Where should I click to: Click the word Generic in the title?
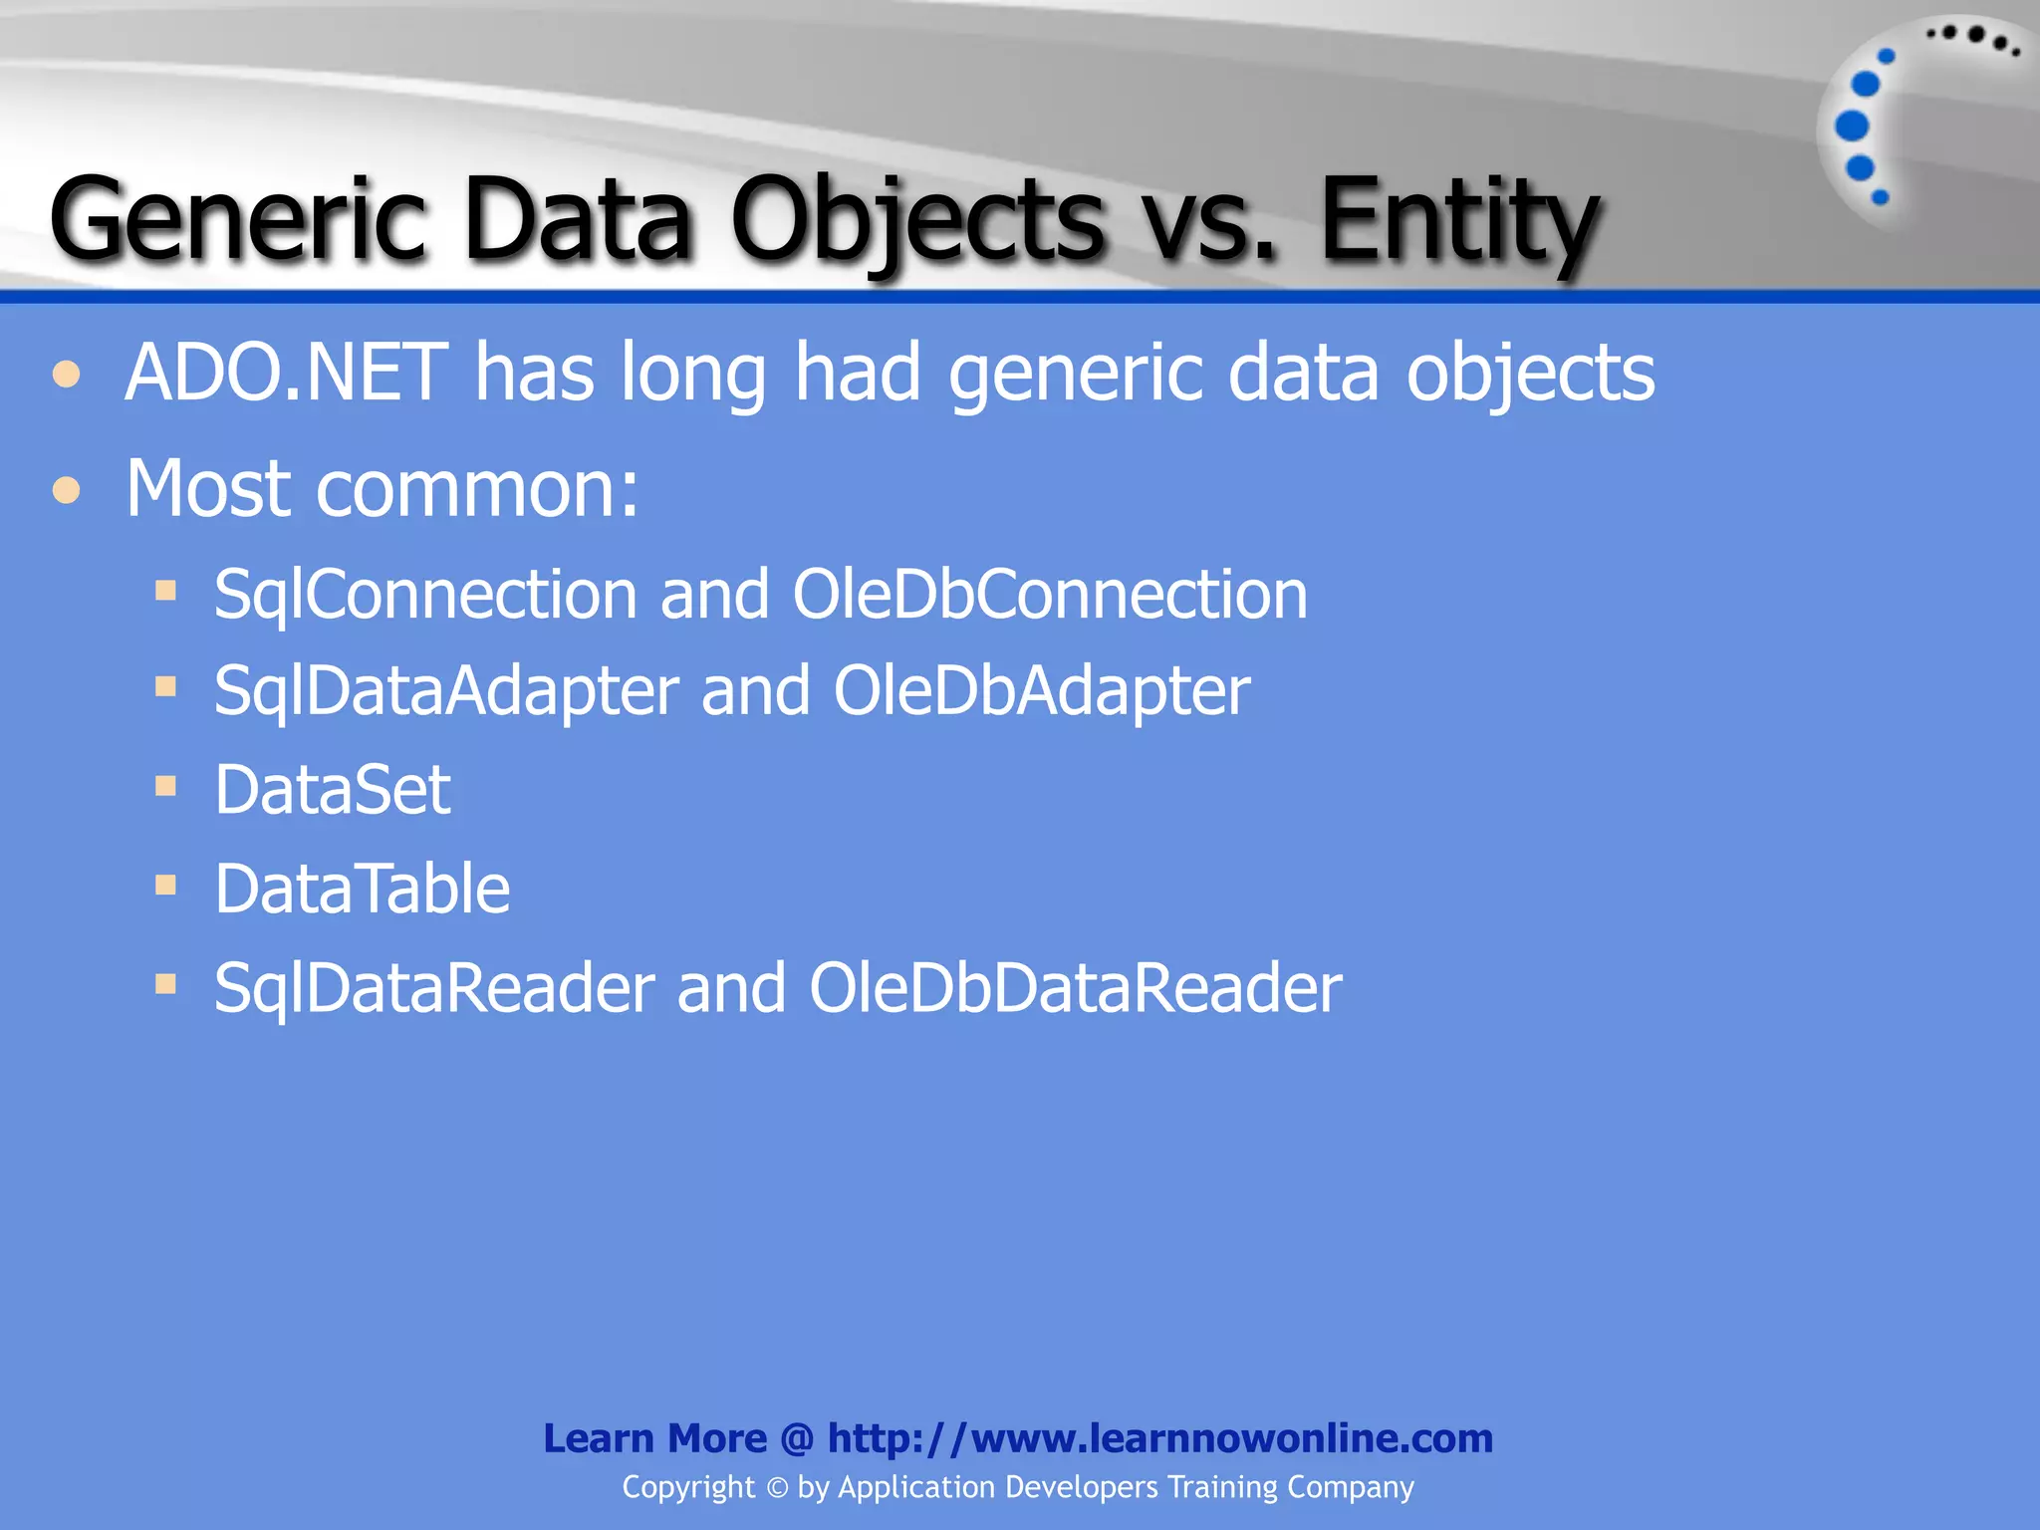click(x=238, y=218)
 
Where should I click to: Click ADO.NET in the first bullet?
click(x=287, y=373)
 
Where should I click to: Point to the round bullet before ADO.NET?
click(x=67, y=375)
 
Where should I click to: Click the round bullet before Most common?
click(x=67, y=490)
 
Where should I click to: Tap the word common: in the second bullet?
click(x=478, y=490)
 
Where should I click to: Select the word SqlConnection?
click(x=425, y=595)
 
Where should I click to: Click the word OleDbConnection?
click(x=1050, y=595)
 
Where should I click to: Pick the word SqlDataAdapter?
click(x=446, y=691)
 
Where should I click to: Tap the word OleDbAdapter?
click(x=1042, y=691)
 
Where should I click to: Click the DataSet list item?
click(x=333, y=790)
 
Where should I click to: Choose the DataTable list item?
click(x=362, y=889)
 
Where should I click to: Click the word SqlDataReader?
click(x=434, y=988)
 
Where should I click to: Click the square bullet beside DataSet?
click(x=165, y=787)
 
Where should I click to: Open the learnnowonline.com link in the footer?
click(x=1160, y=1438)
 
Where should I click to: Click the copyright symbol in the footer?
click(x=777, y=1488)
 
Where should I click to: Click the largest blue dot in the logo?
click(x=1852, y=127)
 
